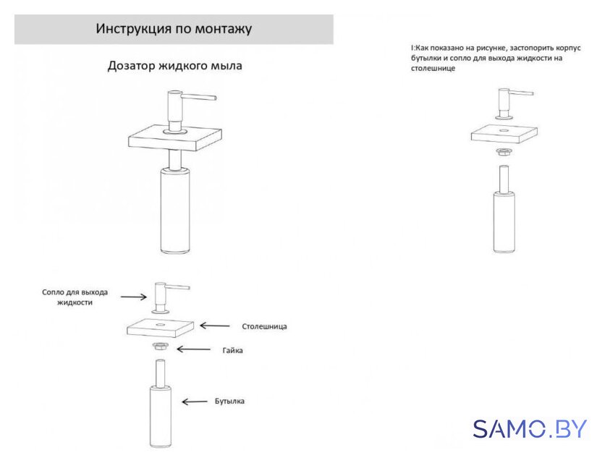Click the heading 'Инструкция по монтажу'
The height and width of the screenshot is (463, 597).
click(174, 29)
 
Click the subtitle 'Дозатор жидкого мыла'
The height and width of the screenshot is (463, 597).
click(175, 66)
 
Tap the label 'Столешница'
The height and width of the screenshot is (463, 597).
click(264, 326)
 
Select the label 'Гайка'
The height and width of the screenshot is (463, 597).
click(232, 350)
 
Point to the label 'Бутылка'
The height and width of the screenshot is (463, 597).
click(229, 401)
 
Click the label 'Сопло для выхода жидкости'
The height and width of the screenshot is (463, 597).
click(75, 297)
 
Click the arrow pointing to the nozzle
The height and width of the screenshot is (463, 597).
click(134, 297)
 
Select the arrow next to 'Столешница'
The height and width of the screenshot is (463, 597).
click(215, 326)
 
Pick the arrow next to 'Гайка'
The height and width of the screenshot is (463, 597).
click(193, 349)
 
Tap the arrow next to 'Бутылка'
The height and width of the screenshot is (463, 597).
click(195, 402)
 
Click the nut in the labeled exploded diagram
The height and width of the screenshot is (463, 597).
click(160, 347)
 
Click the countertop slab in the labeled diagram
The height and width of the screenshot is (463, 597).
click(161, 328)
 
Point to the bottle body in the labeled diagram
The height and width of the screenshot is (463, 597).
click(161, 416)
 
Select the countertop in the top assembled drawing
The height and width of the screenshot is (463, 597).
click(175, 138)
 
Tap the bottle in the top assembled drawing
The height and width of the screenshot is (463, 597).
click(175, 211)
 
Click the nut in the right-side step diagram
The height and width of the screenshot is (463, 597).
click(504, 151)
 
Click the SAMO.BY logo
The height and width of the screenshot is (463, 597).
click(530, 429)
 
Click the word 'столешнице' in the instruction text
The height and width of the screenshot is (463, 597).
click(433, 69)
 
